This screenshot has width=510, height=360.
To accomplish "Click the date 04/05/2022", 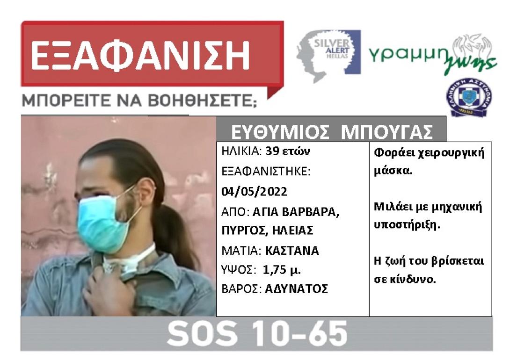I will pos(255,191).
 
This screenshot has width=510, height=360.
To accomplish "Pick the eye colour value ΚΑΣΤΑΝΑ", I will pos(292,250).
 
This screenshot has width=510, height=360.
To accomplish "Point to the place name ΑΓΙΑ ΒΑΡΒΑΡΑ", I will pos(295,211).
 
